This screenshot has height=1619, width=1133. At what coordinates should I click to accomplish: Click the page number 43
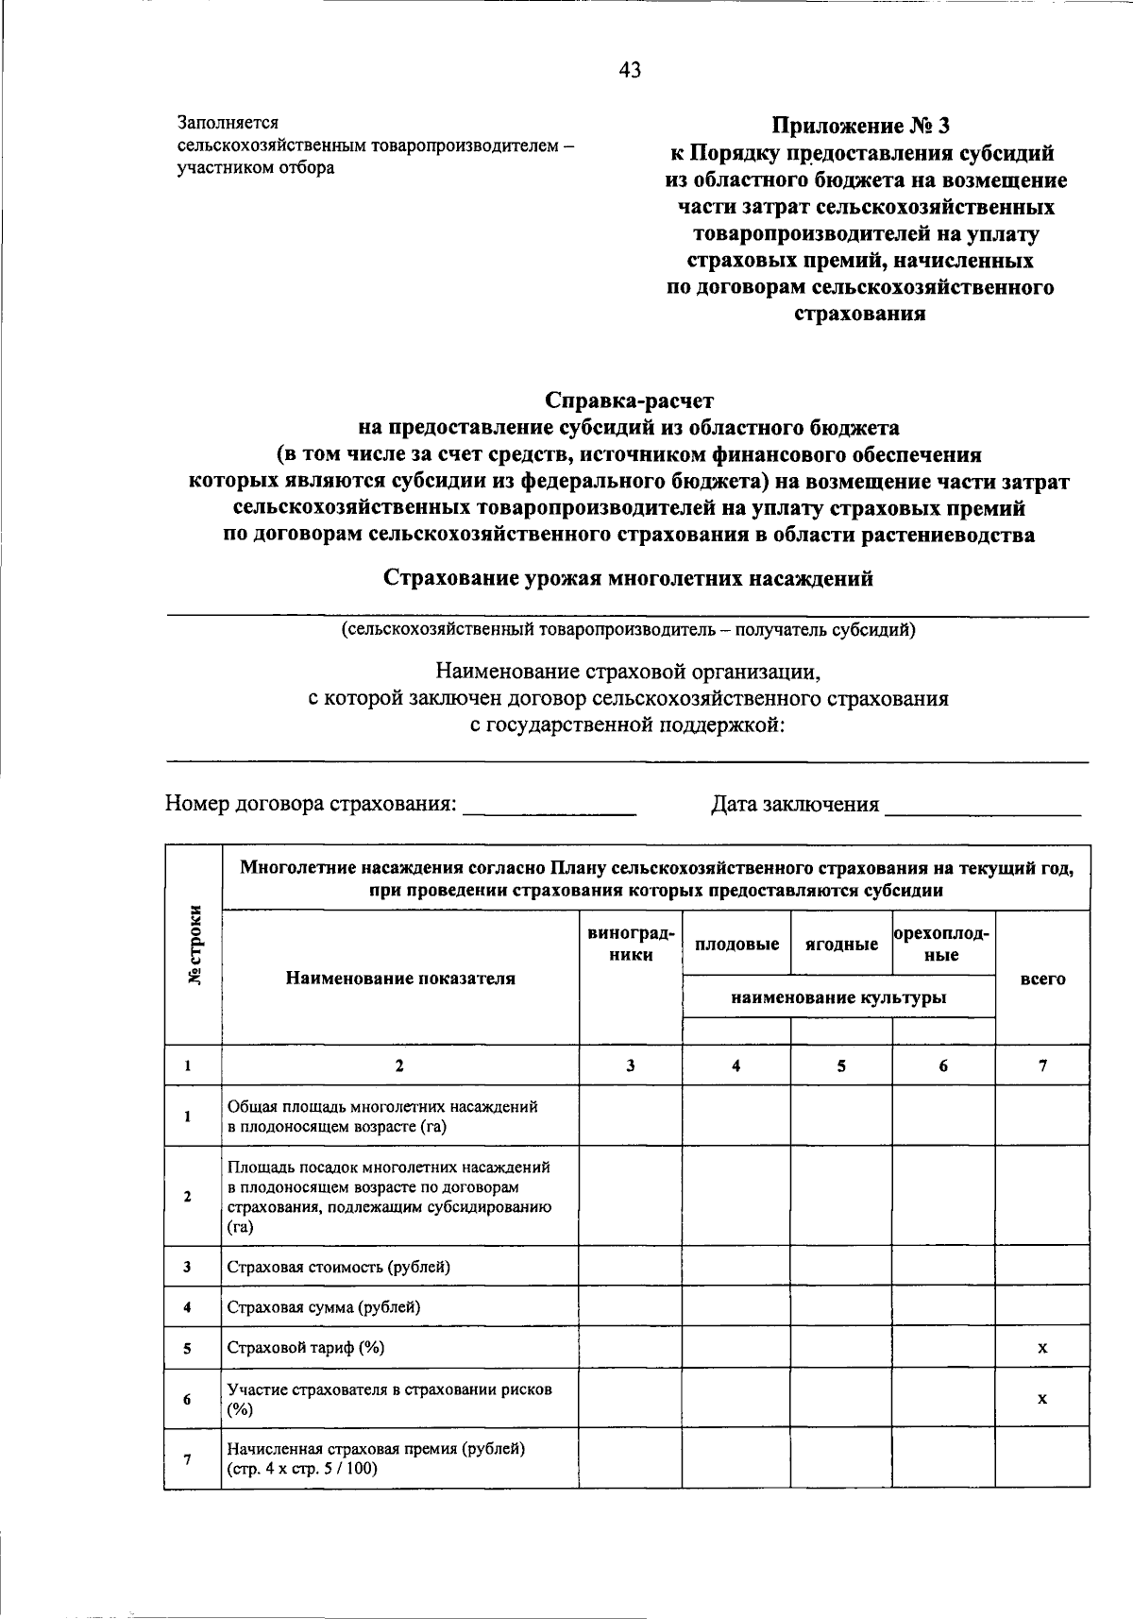tap(630, 70)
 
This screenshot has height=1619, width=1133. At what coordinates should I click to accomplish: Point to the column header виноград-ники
tap(630, 943)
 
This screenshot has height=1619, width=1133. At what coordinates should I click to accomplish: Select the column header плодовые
tap(736, 944)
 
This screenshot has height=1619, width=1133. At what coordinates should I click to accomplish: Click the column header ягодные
tap(841, 944)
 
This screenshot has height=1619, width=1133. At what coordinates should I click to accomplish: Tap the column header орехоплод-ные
tap(942, 944)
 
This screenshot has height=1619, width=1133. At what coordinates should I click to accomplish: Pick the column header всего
tap(1042, 979)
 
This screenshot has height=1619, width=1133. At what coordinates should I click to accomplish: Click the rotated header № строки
tap(194, 946)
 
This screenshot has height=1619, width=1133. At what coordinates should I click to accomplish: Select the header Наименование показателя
tap(400, 979)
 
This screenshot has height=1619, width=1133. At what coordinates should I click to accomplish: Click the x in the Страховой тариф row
tap(1042, 1348)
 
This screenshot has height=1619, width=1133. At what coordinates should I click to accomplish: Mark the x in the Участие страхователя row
tap(1042, 1399)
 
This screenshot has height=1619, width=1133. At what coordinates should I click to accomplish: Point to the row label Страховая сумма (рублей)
tap(324, 1307)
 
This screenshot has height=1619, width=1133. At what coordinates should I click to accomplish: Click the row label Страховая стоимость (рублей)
tap(338, 1267)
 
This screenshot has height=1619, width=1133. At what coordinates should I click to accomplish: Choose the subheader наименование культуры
tap(838, 997)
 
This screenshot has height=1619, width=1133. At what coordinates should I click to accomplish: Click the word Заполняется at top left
tap(228, 123)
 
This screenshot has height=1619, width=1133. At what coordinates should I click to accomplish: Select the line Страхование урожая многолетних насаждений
tap(628, 578)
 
